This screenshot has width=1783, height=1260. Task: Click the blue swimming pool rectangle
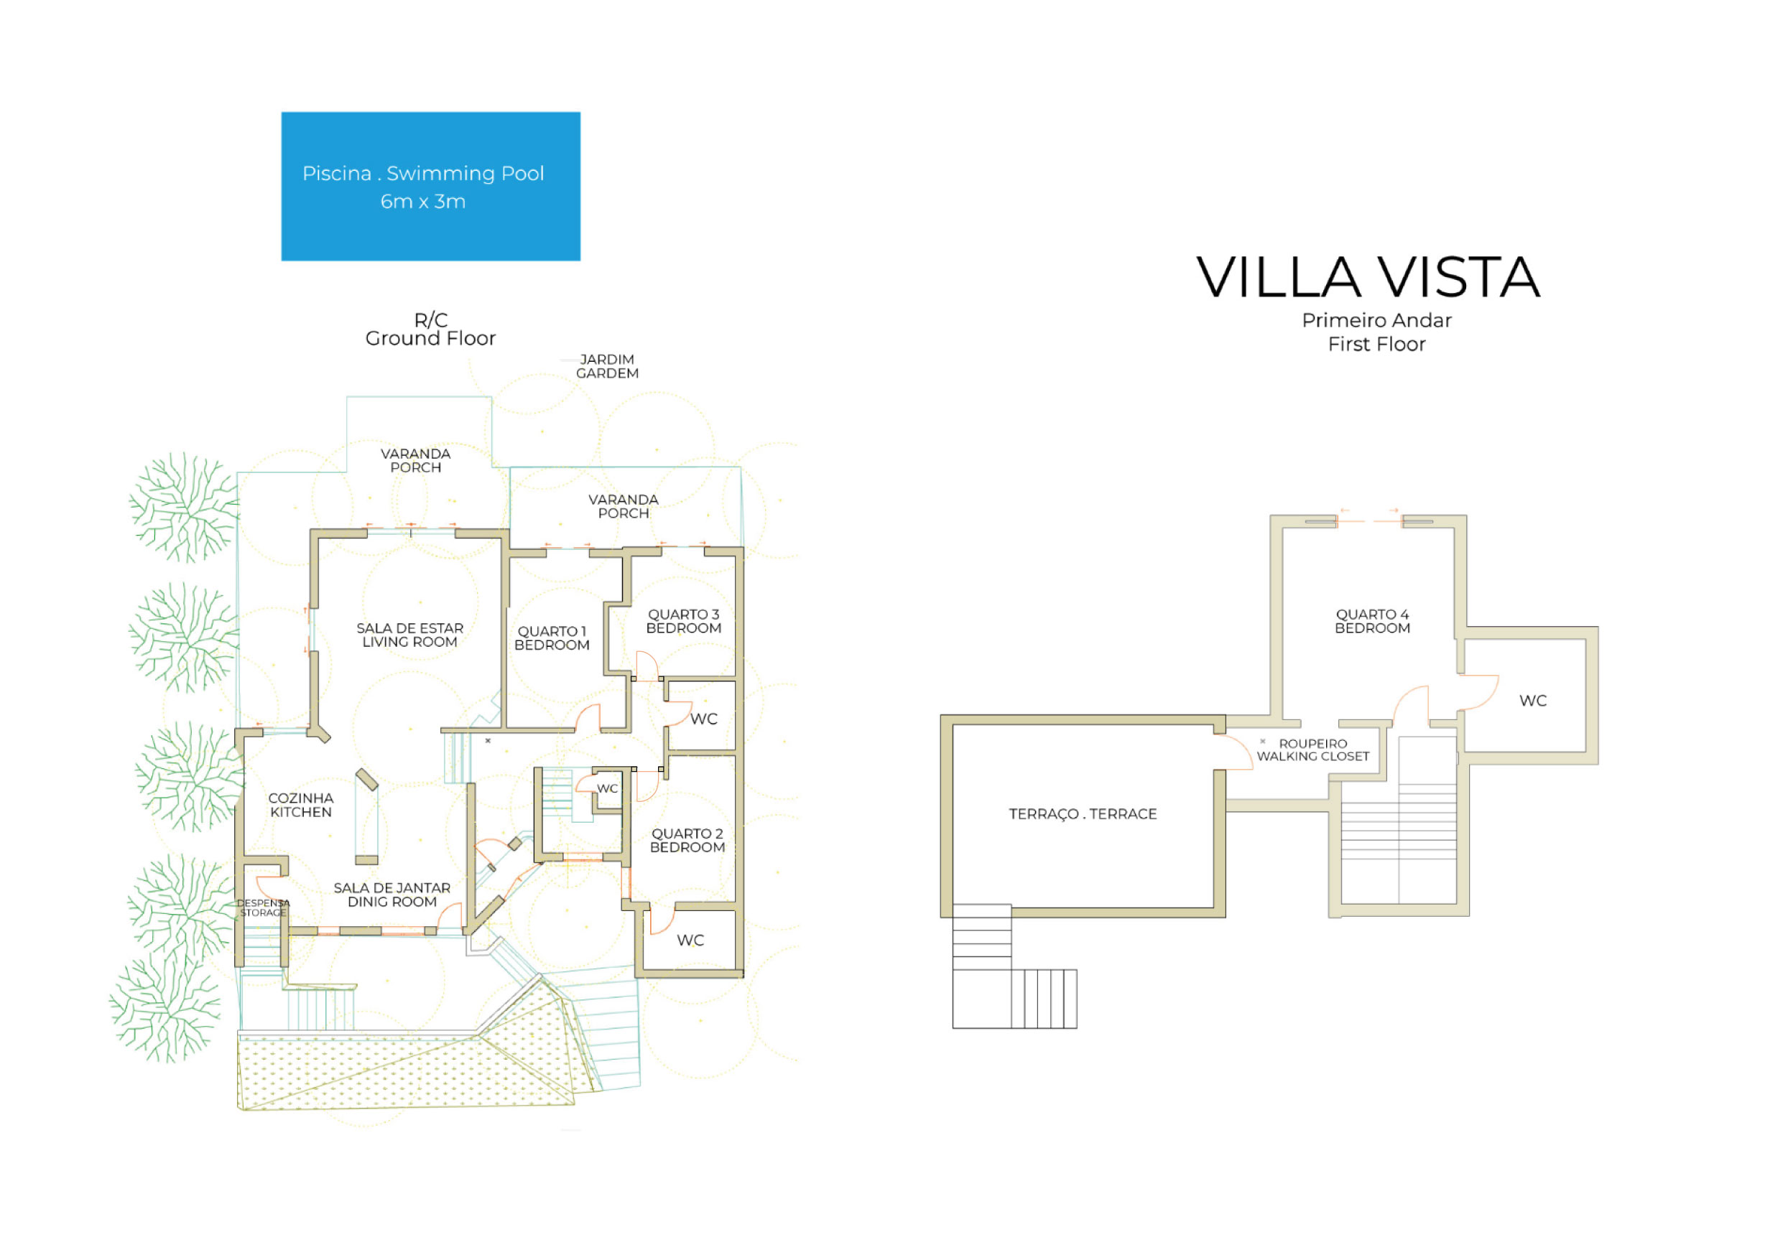click(430, 187)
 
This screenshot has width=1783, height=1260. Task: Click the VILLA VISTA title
click(1368, 278)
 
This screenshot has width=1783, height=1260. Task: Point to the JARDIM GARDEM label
click(607, 366)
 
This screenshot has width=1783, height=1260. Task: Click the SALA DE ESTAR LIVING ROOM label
click(409, 635)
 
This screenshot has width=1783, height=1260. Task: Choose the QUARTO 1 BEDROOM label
click(552, 638)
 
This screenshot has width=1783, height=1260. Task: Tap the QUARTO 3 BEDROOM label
click(683, 621)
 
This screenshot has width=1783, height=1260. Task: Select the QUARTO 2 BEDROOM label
click(687, 840)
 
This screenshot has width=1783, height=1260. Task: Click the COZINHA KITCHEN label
click(300, 805)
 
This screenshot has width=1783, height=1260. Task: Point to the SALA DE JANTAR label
click(392, 895)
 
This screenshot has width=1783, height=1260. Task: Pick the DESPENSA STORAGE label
click(263, 907)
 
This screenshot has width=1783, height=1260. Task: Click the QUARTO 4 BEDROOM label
click(1372, 621)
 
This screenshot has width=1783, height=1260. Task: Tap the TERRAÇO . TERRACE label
click(1083, 813)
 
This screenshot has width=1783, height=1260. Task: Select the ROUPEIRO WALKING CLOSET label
click(1312, 750)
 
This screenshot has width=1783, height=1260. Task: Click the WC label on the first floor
click(1532, 701)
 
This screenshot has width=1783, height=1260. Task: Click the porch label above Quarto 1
click(623, 506)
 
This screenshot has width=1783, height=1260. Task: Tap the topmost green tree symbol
click(185, 507)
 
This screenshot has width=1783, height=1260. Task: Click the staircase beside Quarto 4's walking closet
click(1399, 839)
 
